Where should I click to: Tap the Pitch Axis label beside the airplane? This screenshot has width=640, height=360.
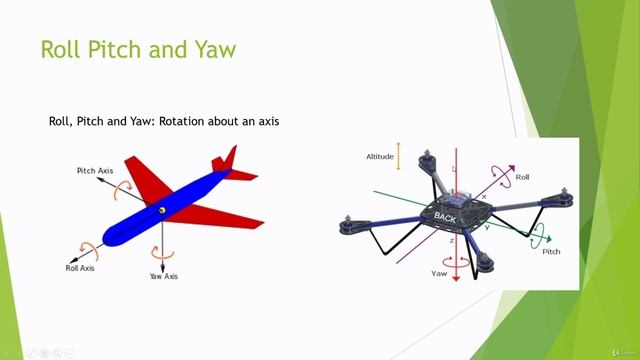click(x=96, y=171)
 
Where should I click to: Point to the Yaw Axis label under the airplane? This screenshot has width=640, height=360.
click(x=163, y=275)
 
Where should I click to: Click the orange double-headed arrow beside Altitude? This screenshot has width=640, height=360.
click(x=398, y=155)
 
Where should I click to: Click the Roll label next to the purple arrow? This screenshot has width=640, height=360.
click(x=522, y=177)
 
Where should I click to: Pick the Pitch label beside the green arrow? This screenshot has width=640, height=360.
click(x=551, y=252)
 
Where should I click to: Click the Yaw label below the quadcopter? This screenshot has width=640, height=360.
click(x=438, y=272)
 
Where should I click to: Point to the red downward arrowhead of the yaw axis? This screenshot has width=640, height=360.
click(x=455, y=279)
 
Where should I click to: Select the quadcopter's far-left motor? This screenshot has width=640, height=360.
click(x=350, y=227)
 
